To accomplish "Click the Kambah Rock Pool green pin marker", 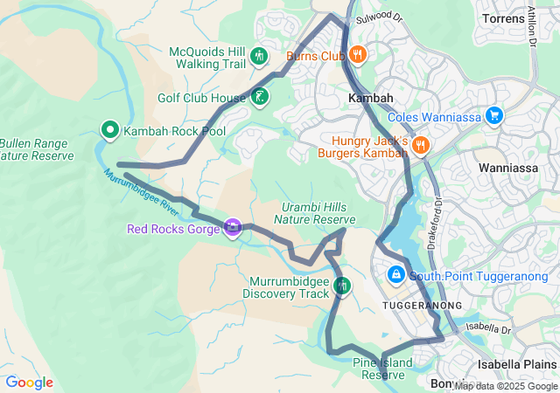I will (x=111, y=131).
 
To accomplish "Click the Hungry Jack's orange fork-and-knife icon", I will (x=420, y=145).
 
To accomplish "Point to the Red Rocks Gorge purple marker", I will (x=232, y=229).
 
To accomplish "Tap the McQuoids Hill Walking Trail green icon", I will (x=258, y=57).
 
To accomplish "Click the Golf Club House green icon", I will (x=259, y=97).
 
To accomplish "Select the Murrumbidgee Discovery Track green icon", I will (x=342, y=286).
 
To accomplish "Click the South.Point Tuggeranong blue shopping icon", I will (x=395, y=275).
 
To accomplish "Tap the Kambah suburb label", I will (x=370, y=99).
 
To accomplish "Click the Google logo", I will (x=29, y=383).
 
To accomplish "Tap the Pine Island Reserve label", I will (x=382, y=369).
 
